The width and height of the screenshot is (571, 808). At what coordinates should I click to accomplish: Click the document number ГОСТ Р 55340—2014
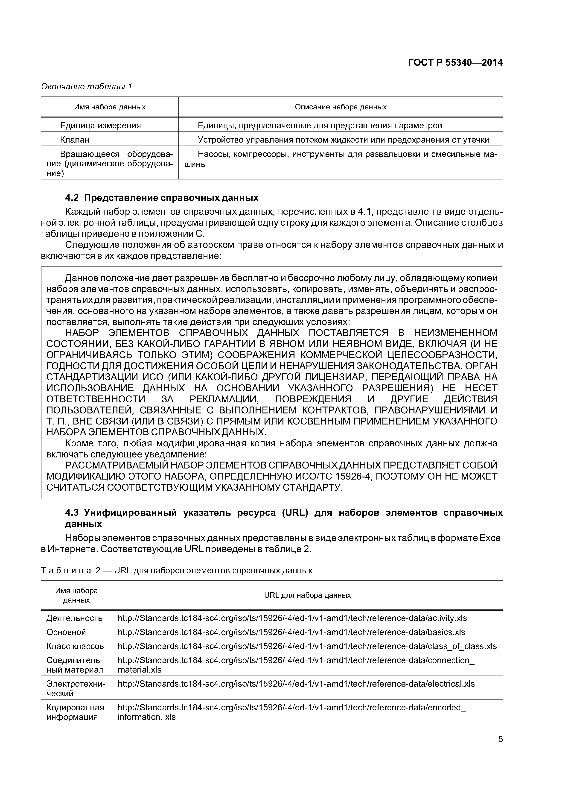[x=455, y=63]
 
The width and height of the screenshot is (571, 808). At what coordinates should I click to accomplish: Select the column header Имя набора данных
[x=110, y=107]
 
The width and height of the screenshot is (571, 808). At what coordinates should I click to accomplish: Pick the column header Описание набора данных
[x=341, y=107]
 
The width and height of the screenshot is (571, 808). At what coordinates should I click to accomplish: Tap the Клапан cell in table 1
[x=75, y=140]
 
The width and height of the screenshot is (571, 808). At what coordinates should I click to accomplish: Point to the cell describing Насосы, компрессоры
[x=341, y=159]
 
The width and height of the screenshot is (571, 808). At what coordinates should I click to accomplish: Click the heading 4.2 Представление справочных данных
[x=162, y=198]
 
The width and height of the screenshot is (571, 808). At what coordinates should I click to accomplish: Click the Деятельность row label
[x=75, y=618]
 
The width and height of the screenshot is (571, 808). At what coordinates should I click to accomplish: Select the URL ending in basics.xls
[x=291, y=632]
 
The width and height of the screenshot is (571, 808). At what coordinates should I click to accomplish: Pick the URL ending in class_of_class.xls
[x=307, y=646]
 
